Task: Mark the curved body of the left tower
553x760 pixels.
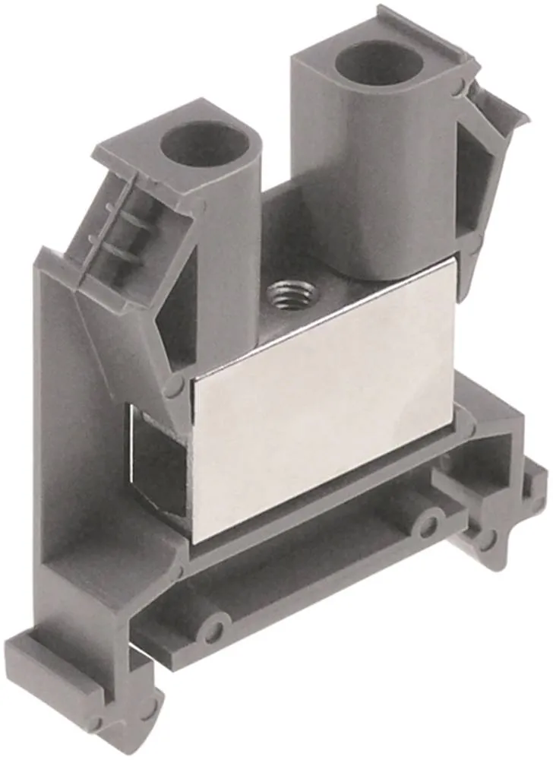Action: (x=228, y=243)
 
